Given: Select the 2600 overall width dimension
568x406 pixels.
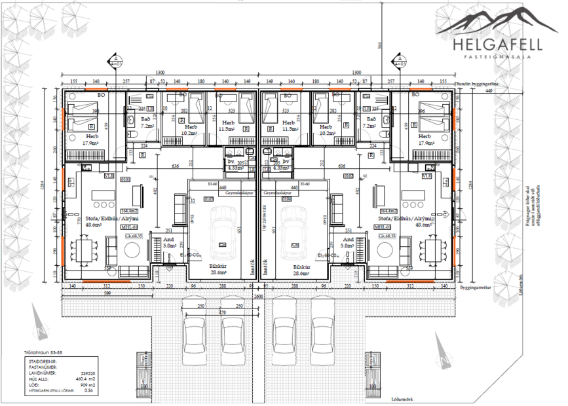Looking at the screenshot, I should coord(259,295).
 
